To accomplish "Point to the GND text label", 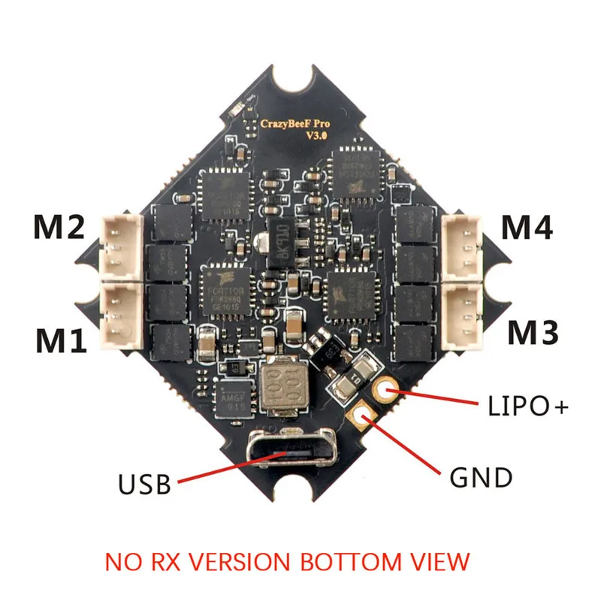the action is [x=482, y=476].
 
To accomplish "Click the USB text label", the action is [x=144, y=482].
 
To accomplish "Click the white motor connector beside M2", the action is [x=118, y=248].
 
